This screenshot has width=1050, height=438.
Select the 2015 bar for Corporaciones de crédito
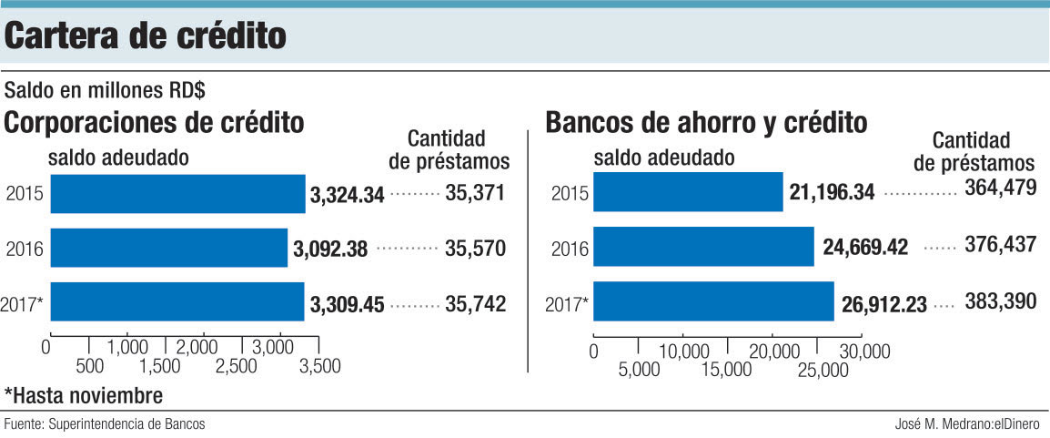click(177, 193)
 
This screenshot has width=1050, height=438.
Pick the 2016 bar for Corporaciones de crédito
click(168, 248)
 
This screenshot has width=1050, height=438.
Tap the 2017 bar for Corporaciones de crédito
click(177, 301)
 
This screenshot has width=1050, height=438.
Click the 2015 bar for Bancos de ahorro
click(689, 192)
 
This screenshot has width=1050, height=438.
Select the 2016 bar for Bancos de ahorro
click(704, 247)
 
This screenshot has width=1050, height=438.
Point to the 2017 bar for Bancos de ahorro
click(714, 301)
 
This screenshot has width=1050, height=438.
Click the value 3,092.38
click(330, 249)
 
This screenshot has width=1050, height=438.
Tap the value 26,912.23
click(883, 302)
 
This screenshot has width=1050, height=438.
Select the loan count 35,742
click(475, 303)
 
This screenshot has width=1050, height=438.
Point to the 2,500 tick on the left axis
click(242, 366)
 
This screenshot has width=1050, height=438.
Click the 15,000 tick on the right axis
click(728, 369)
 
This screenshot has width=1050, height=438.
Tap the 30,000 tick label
click(863, 351)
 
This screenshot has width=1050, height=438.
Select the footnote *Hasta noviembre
click(84, 396)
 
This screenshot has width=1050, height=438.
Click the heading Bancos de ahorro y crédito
click(706, 122)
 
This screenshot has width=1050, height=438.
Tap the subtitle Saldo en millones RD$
click(106, 91)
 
